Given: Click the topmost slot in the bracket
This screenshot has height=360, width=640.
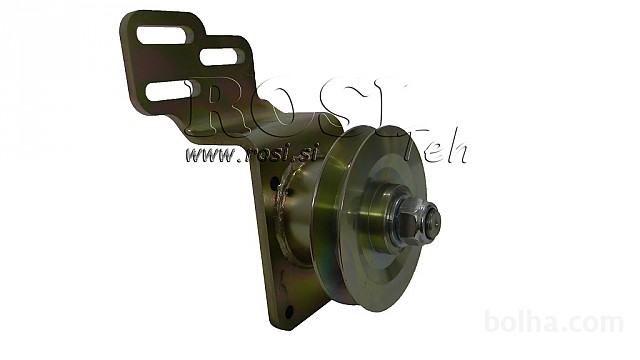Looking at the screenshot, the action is [162, 35].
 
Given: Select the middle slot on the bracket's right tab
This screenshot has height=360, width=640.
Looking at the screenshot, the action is [219, 57].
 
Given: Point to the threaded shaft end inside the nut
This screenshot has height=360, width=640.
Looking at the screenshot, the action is [433, 220].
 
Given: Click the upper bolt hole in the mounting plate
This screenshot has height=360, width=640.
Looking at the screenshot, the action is [273, 187].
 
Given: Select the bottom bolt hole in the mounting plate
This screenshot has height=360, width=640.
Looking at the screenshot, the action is [289, 312].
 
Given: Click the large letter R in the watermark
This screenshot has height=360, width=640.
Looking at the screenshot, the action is [216, 105].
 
